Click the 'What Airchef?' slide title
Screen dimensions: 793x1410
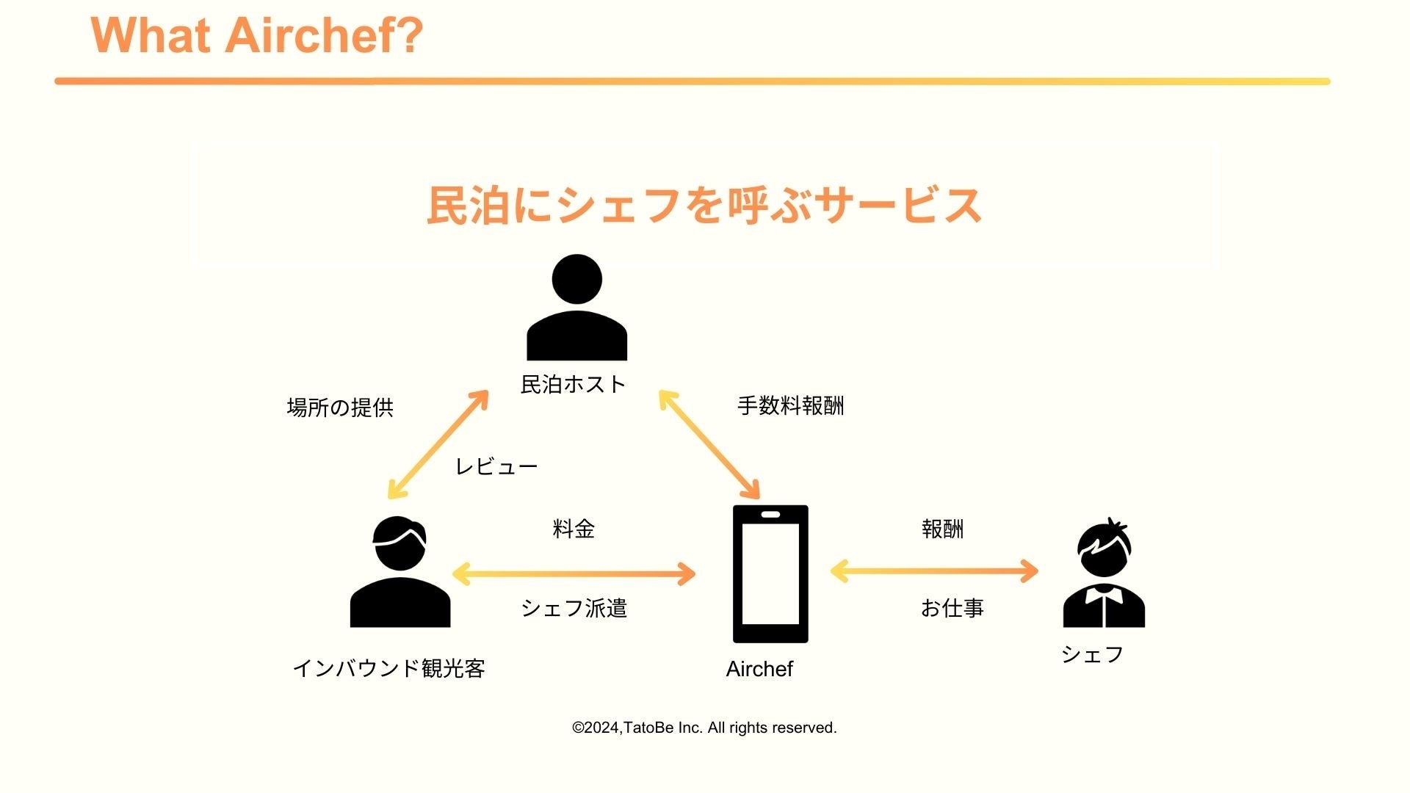[256, 35]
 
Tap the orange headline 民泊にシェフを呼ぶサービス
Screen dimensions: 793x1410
[704, 205]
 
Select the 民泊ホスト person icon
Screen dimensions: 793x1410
[576, 308]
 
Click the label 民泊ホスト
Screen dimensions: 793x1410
[573, 384]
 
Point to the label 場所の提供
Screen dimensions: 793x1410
[340, 408]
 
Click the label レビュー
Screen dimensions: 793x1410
[496, 467]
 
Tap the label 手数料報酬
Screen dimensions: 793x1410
[790, 406]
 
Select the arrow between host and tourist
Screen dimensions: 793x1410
[438, 445]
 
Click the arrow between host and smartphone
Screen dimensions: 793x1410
[709, 445]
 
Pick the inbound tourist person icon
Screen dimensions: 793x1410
[399, 573]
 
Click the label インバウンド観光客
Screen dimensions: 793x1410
[388, 668]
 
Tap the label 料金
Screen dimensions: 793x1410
[574, 529]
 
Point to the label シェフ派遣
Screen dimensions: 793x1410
[574, 608]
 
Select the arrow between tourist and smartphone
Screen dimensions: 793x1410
[574, 573]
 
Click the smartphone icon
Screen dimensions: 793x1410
[770, 573]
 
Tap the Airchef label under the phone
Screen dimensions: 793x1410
[759, 669]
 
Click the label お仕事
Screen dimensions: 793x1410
[952, 608]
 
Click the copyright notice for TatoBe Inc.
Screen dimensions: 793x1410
[704, 728]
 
